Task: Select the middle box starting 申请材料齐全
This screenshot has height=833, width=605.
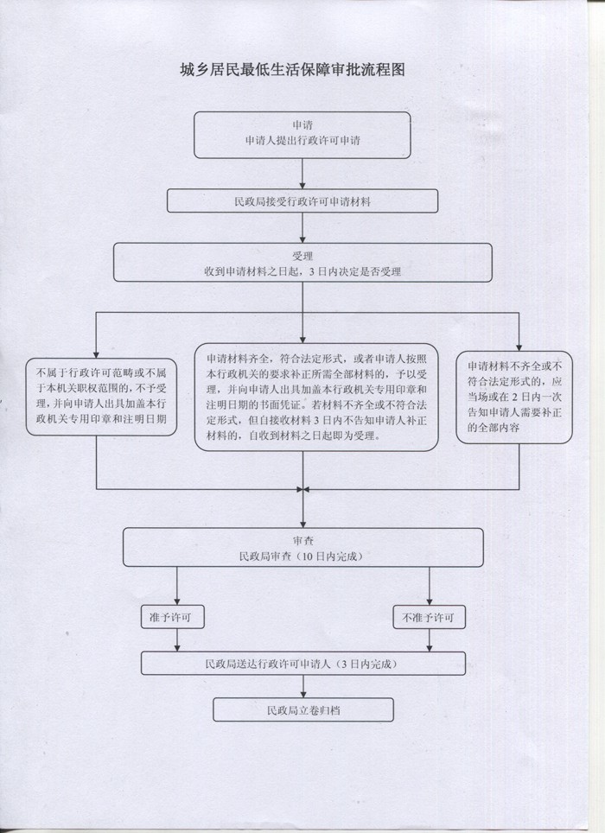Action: click(315, 397)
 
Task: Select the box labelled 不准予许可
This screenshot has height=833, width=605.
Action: click(430, 619)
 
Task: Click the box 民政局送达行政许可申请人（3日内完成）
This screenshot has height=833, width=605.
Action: click(302, 664)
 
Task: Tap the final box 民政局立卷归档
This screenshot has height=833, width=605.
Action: click(302, 709)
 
